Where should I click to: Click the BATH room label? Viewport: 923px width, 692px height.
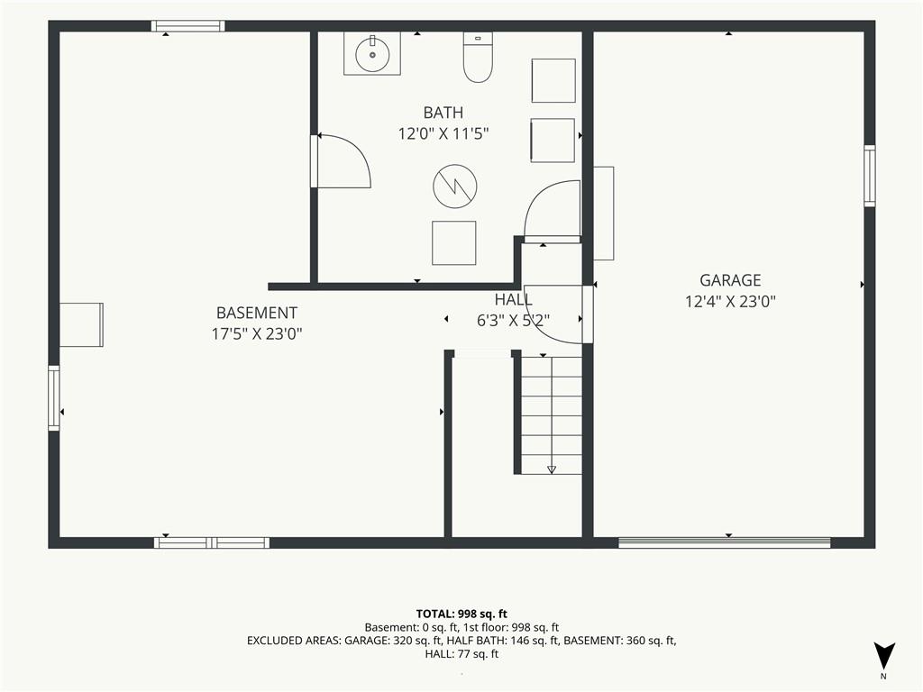click(443, 113)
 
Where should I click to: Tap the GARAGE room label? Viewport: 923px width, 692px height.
click(730, 280)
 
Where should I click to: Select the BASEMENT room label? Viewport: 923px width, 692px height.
click(257, 313)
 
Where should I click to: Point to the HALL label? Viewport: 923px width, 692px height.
click(513, 299)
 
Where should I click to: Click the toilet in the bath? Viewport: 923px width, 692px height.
click(478, 57)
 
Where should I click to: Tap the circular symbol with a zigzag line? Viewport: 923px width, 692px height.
click(454, 186)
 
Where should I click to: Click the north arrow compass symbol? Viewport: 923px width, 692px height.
click(883, 657)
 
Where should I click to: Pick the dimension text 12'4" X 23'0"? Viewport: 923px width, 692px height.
click(730, 302)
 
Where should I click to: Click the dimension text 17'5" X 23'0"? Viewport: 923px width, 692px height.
click(257, 334)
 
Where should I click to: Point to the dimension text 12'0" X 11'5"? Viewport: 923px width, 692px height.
click(443, 134)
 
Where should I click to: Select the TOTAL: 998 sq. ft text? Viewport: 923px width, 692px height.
click(461, 615)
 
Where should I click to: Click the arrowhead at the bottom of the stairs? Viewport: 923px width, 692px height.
click(552, 469)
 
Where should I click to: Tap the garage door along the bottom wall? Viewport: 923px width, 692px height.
click(724, 542)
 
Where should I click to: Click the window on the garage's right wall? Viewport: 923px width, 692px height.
click(870, 176)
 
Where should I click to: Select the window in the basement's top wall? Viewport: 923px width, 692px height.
click(187, 26)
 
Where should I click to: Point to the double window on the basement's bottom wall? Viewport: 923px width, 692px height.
click(212, 542)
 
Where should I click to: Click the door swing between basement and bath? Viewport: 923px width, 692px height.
click(343, 161)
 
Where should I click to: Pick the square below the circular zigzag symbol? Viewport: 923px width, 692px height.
click(454, 243)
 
